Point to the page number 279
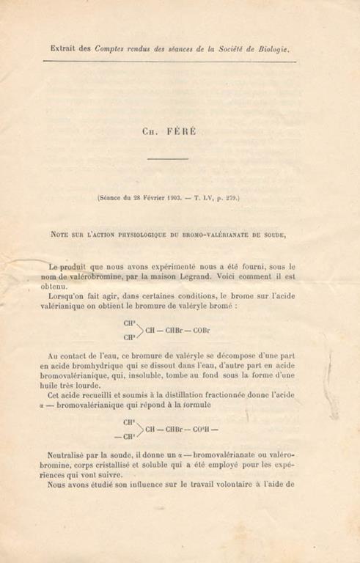coord(230,197)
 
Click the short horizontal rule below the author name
coord(172,158)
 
